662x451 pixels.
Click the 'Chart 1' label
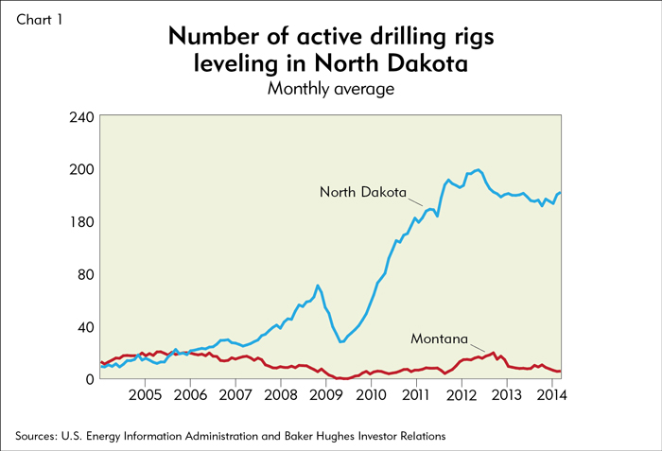point(40,18)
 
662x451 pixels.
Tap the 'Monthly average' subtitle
point(330,89)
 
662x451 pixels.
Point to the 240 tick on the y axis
point(80,117)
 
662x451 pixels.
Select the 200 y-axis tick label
point(80,169)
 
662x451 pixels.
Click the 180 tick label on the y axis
point(80,222)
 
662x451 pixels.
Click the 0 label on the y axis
point(89,379)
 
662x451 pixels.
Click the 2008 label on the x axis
point(281,395)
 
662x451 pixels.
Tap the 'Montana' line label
point(441,338)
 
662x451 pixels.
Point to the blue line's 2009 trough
point(340,341)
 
